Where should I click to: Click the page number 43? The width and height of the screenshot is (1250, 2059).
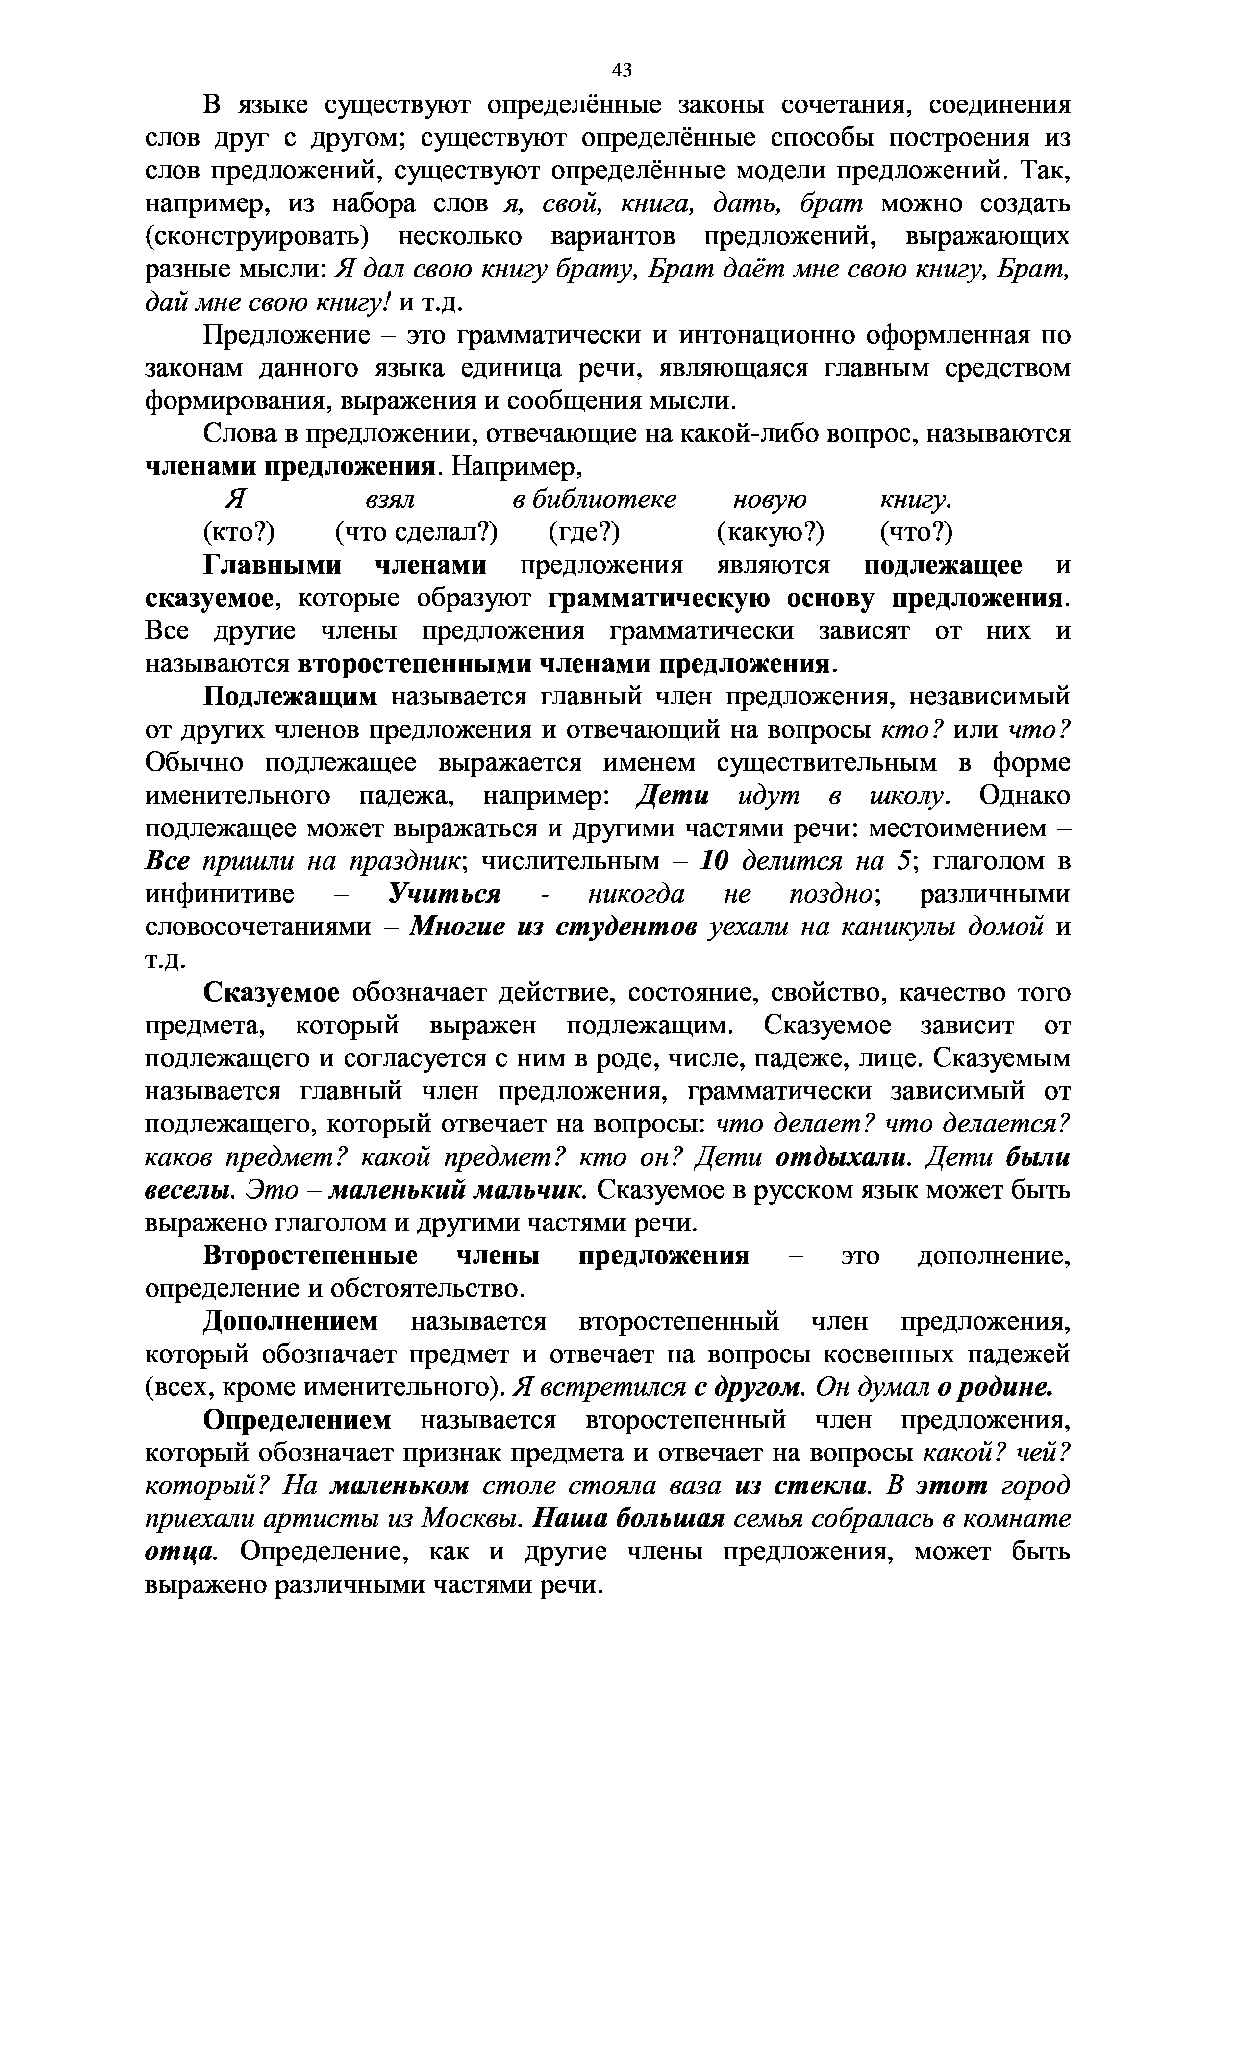coord(622,70)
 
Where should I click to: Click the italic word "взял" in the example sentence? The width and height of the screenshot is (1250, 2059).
coord(389,500)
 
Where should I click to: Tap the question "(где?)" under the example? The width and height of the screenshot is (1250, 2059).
coord(584,532)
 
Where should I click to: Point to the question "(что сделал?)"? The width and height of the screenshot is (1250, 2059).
coord(416,532)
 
